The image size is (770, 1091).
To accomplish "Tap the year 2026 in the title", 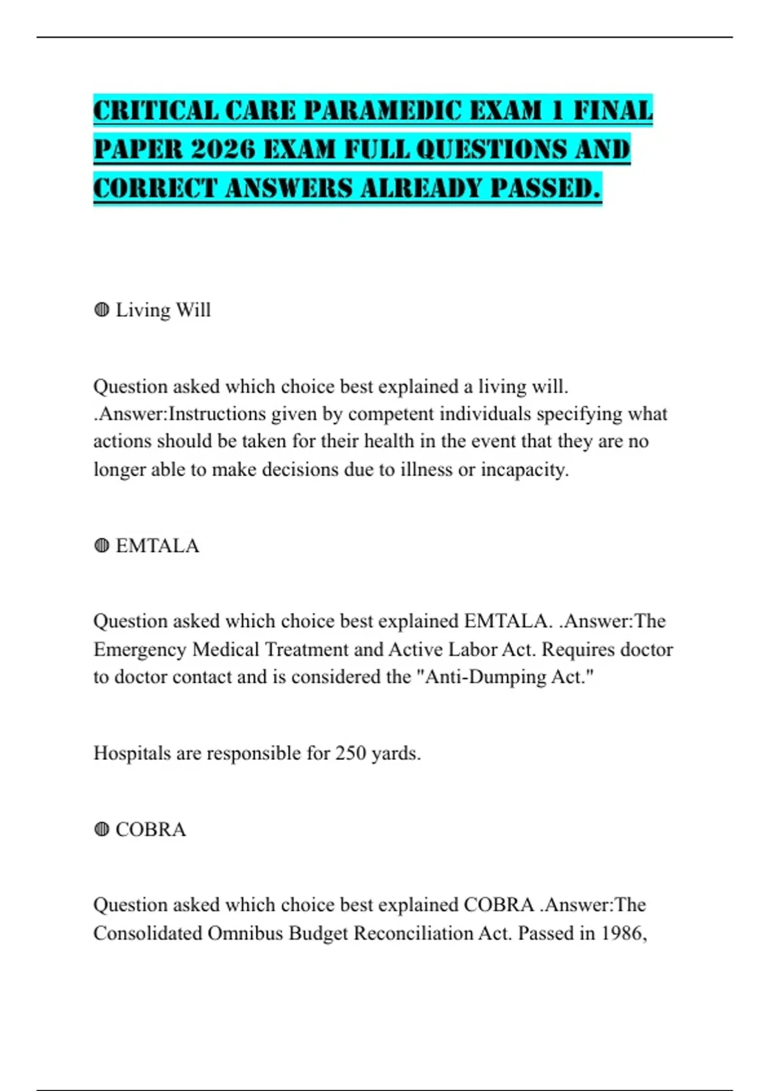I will [x=223, y=150].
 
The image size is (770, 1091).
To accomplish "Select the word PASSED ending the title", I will [x=545, y=189].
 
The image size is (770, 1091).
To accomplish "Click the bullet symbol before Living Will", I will [x=101, y=310].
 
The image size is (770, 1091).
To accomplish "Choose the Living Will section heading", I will [x=163, y=310].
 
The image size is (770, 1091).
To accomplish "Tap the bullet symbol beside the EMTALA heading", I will [x=101, y=545].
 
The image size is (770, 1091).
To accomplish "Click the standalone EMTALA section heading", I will [x=157, y=545].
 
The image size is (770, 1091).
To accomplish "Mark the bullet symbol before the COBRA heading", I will [x=101, y=829].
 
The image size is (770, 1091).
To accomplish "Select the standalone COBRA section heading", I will [x=151, y=829].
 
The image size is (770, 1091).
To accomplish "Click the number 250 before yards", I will [x=350, y=753].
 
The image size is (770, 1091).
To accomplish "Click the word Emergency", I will [x=141, y=649].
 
